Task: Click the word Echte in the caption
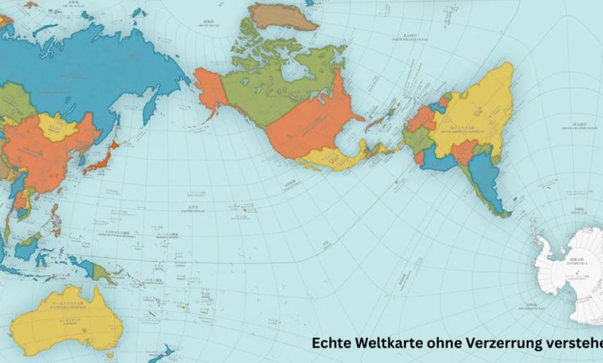(331, 342)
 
